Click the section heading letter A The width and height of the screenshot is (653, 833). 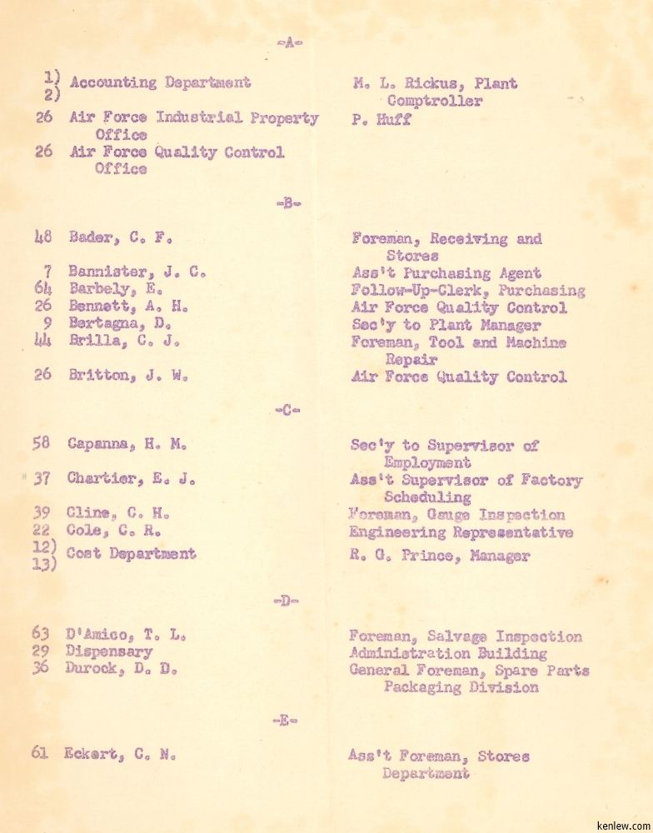coord(289,42)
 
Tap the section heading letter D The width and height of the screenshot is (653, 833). coord(286,601)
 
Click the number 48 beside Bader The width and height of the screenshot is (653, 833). coord(43,237)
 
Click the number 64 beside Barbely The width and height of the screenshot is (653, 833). coord(43,289)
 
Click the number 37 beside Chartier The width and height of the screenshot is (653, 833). coord(42,479)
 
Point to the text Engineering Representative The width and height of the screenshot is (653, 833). coord(461,532)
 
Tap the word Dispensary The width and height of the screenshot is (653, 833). coord(109,652)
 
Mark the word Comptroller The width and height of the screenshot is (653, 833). coord(434,101)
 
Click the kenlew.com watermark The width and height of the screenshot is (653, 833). coord(621,823)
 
